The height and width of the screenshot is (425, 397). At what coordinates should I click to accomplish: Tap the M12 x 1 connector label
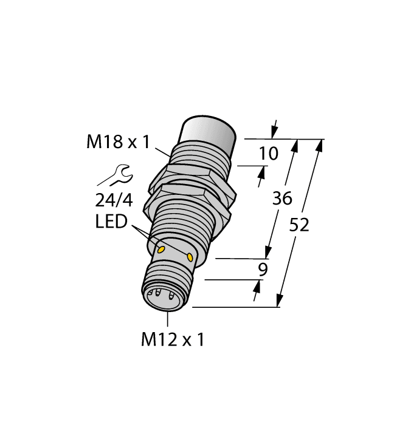[173, 340]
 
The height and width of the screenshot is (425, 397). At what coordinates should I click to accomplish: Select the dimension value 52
[299, 225]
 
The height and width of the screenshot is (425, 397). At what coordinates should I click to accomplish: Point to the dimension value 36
[281, 198]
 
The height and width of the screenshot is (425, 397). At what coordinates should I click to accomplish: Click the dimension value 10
[268, 154]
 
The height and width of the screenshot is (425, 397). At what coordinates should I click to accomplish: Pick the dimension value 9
[263, 270]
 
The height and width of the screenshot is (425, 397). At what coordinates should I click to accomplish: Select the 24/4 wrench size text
[113, 200]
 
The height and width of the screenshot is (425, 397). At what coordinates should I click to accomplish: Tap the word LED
[112, 222]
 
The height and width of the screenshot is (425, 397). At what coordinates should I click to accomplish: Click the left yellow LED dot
[162, 249]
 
